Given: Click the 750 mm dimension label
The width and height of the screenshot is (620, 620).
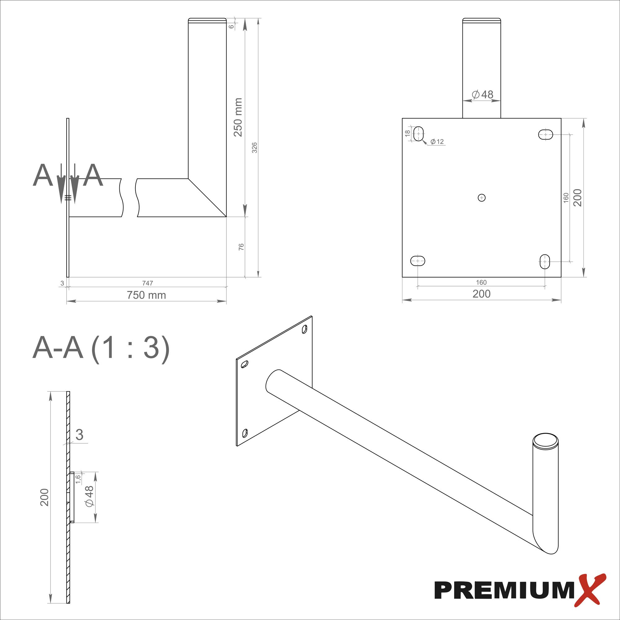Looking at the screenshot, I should point(146,295).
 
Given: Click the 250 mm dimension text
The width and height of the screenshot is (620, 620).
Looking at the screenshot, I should point(238,117).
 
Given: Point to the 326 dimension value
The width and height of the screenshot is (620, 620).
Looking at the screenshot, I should point(255,148).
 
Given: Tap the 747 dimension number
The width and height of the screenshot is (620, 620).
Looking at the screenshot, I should point(147,283).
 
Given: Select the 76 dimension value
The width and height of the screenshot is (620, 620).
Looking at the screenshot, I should point(241,247).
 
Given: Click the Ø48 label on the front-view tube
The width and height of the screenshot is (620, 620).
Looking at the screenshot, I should point(482,94).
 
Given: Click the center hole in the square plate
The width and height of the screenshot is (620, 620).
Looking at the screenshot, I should point(481,198).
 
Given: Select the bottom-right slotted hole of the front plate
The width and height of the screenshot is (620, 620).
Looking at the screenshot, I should point(545,262).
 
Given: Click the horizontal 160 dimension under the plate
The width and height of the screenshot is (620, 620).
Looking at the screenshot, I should point(481,282).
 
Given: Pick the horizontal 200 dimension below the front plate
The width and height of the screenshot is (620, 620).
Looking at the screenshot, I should point(481,294).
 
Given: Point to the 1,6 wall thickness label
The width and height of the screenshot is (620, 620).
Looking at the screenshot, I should point(78,479).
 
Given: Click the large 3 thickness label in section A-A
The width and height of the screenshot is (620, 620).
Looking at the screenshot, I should point(79,435).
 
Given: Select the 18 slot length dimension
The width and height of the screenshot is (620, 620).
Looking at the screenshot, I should point(408,133).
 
